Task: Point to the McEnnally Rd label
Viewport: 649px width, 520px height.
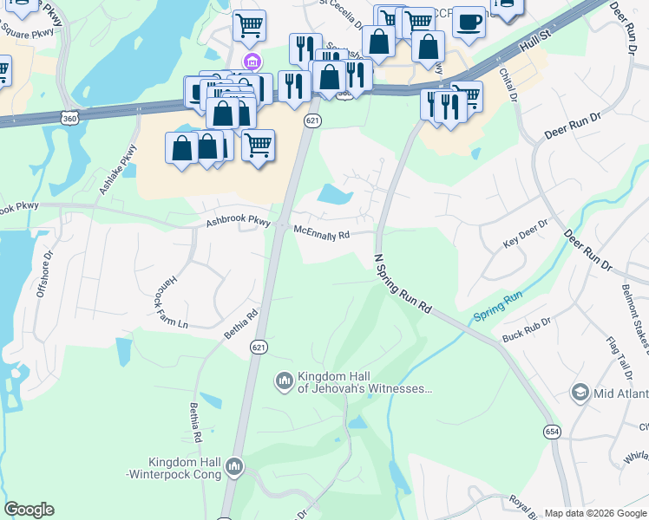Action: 321,233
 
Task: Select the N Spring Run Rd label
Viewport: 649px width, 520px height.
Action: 403,283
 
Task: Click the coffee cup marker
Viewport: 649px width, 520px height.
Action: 469,21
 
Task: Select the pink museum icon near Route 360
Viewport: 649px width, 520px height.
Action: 252,61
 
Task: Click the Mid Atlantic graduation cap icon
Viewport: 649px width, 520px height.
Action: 579,393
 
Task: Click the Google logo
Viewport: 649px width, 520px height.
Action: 29,510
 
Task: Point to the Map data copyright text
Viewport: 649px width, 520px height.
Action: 595,513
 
